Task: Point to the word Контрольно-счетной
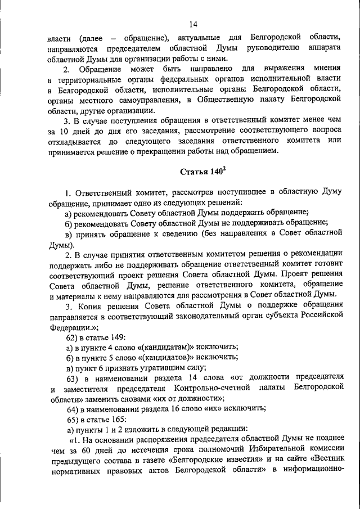tap(200, 388)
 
